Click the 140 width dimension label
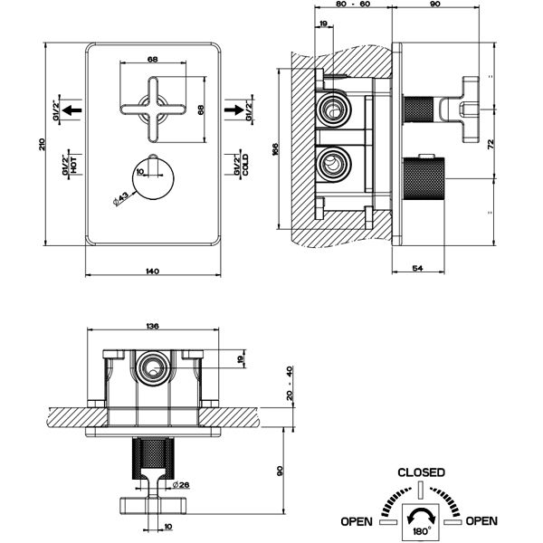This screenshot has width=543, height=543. [x=152, y=270]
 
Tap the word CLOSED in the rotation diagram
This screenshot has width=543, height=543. [x=422, y=472]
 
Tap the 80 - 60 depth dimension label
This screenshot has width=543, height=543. [x=353, y=5]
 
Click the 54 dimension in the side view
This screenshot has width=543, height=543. [x=417, y=270]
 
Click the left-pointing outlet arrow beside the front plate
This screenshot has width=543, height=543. [x=72, y=111]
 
